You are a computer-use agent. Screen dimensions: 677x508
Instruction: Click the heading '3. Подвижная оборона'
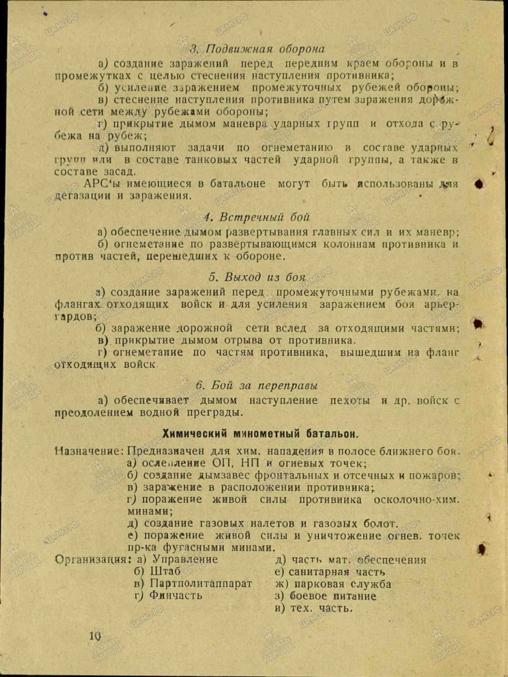pyautogui.click(x=257, y=49)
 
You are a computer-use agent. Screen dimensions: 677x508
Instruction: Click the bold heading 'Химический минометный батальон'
pyautogui.click(x=261, y=434)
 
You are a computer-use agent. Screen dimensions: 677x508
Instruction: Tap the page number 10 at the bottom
pyautogui.click(x=93, y=636)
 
